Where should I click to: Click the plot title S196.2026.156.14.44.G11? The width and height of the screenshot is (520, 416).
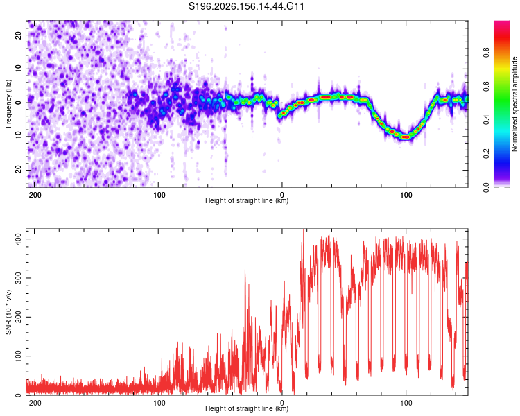tap(246, 6)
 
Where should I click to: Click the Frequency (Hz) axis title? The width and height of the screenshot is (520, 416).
tap(8, 104)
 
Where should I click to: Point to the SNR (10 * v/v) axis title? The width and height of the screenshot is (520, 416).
tap(8, 312)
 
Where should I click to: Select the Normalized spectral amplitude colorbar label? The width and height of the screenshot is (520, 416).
tap(514, 103)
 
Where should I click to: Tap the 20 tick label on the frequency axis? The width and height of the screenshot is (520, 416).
tap(18, 35)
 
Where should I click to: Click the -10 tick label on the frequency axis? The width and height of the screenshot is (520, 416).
tap(18, 137)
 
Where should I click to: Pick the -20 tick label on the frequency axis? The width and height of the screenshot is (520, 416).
tap(18, 170)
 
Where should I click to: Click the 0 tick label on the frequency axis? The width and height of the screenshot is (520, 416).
tap(18, 103)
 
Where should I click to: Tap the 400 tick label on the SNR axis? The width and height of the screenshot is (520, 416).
tap(18, 239)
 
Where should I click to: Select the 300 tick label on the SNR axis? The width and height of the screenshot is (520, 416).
tap(18, 278)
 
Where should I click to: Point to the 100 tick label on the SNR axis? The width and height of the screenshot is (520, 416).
tap(18, 356)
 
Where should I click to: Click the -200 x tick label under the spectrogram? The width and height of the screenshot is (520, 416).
tap(34, 195)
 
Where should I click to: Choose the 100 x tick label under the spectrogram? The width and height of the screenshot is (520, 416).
tap(406, 195)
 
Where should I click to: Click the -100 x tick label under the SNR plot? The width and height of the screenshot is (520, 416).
tap(158, 403)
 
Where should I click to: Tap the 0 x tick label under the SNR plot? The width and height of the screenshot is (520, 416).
tap(282, 403)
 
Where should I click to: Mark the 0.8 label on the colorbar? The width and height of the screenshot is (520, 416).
tap(486, 53)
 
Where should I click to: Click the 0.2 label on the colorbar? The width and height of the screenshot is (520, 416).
tap(486, 154)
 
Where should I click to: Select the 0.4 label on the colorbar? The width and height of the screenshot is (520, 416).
tap(486, 120)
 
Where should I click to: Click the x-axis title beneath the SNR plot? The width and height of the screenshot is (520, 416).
tap(247, 408)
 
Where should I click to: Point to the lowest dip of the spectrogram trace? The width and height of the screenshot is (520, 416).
tap(406, 137)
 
